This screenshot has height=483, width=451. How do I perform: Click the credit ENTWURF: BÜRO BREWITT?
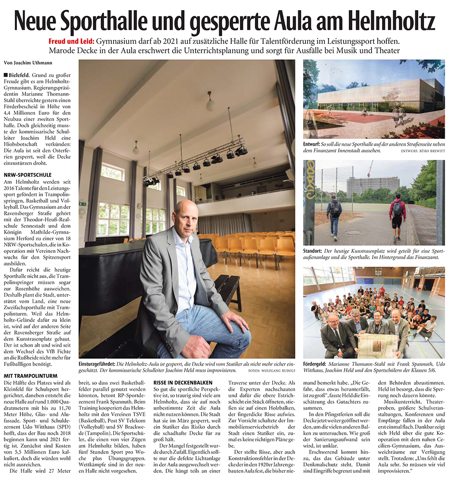423,151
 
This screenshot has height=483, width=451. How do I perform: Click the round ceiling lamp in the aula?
211,104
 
